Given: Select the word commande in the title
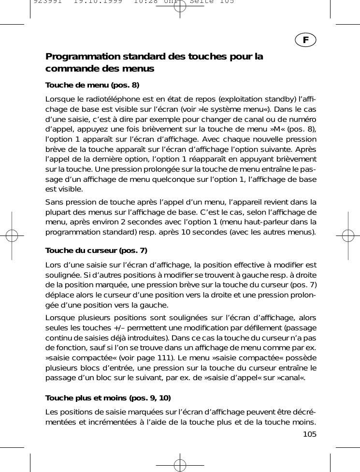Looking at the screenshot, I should pyautogui.click(x=69, y=69).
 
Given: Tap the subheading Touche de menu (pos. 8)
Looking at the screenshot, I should pyautogui.click(x=92, y=86).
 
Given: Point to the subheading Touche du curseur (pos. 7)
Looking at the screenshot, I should pyautogui.click(x=96, y=251).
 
